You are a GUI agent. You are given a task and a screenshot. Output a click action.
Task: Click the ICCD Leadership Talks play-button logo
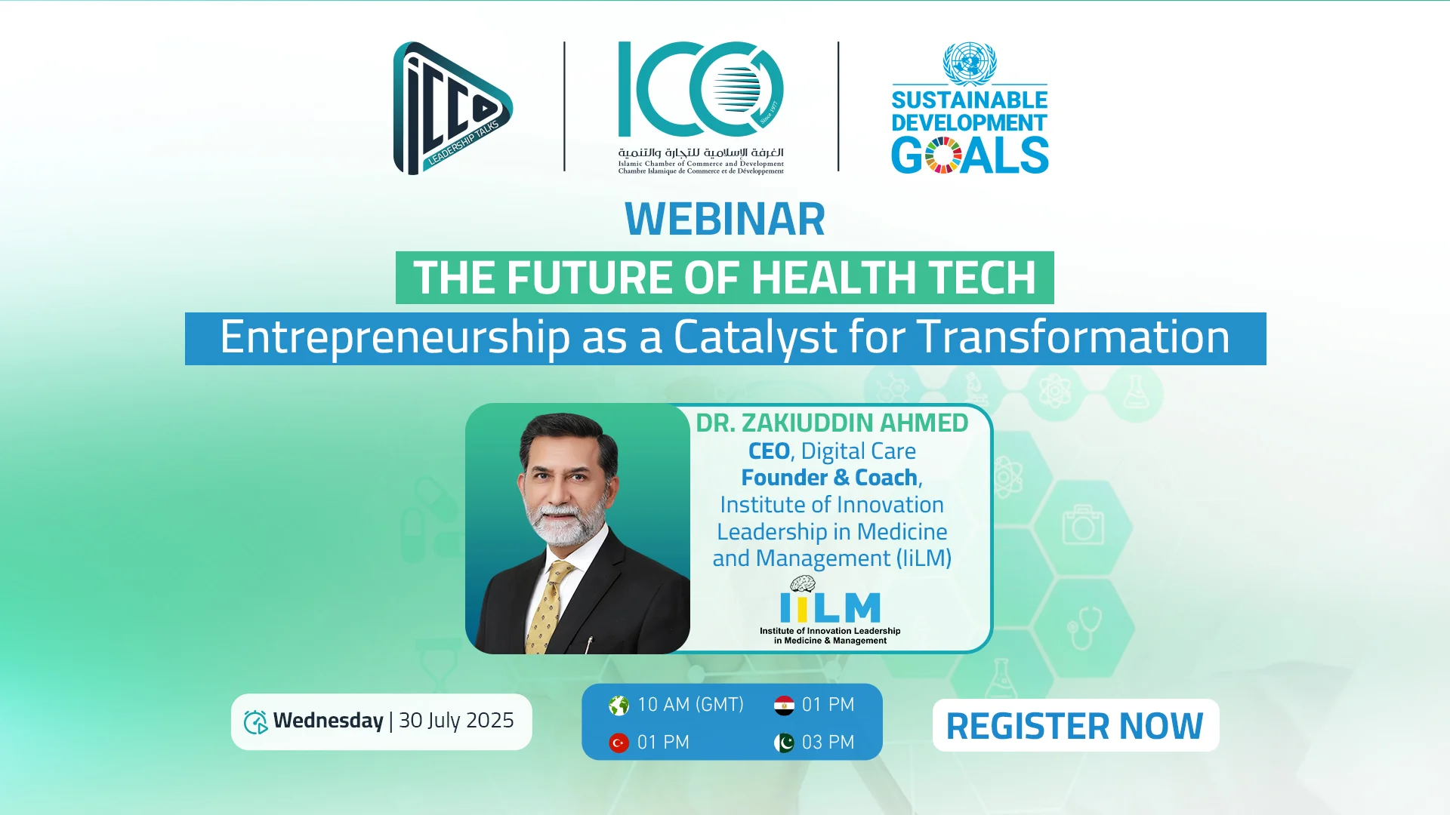point(452,108)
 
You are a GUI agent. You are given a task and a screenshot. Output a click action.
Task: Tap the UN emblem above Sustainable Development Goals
point(970,63)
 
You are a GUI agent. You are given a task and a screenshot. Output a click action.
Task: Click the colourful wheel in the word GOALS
point(943,155)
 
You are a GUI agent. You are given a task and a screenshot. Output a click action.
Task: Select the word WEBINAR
point(725,219)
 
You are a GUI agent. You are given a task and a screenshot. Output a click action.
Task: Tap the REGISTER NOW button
point(1075,725)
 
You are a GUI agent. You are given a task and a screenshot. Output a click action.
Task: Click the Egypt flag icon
point(784,706)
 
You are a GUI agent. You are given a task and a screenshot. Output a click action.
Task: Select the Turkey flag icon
point(619,743)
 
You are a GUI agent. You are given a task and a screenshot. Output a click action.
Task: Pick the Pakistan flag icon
point(784,743)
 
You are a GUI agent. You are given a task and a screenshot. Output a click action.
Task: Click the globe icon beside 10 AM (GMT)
point(619,706)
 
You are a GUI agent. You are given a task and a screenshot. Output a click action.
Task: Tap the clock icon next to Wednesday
point(255,722)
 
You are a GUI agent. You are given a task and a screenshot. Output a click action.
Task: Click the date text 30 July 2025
point(456,721)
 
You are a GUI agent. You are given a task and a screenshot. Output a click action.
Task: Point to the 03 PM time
point(828,743)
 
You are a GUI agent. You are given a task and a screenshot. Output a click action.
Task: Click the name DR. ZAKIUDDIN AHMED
point(831,423)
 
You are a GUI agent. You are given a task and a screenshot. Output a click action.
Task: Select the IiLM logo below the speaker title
point(830,610)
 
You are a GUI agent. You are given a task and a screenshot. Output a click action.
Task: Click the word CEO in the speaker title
point(769,451)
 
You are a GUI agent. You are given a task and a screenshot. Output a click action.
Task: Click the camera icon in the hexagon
point(1083,524)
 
